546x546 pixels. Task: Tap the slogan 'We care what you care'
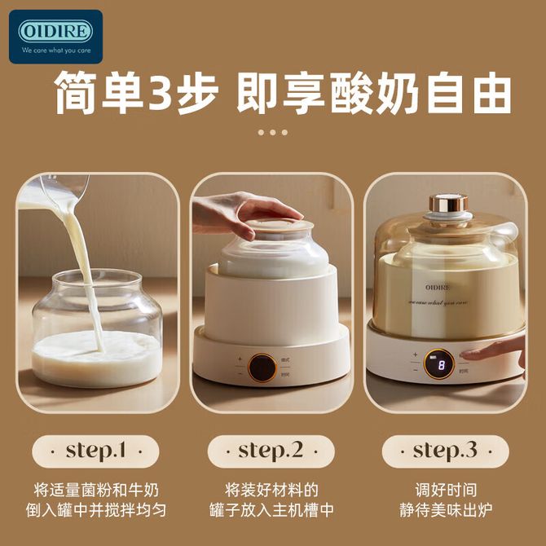(56, 51)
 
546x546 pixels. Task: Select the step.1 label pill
(95, 451)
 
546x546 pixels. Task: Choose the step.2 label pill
(271, 451)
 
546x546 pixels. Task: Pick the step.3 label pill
(446, 451)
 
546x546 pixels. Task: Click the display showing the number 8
(438, 364)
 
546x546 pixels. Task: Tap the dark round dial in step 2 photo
(263, 368)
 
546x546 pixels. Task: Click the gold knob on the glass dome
(448, 204)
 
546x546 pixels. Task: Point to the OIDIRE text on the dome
(438, 288)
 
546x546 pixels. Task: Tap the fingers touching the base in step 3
(494, 352)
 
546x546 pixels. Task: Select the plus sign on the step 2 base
(240, 359)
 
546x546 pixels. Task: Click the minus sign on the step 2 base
(240, 374)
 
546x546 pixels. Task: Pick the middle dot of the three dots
(273, 132)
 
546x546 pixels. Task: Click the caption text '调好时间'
(446, 490)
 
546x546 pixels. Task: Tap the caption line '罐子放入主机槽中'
(271, 510)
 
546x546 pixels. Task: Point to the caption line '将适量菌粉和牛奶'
(96, 490)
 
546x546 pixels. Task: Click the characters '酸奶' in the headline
(375, 93)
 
